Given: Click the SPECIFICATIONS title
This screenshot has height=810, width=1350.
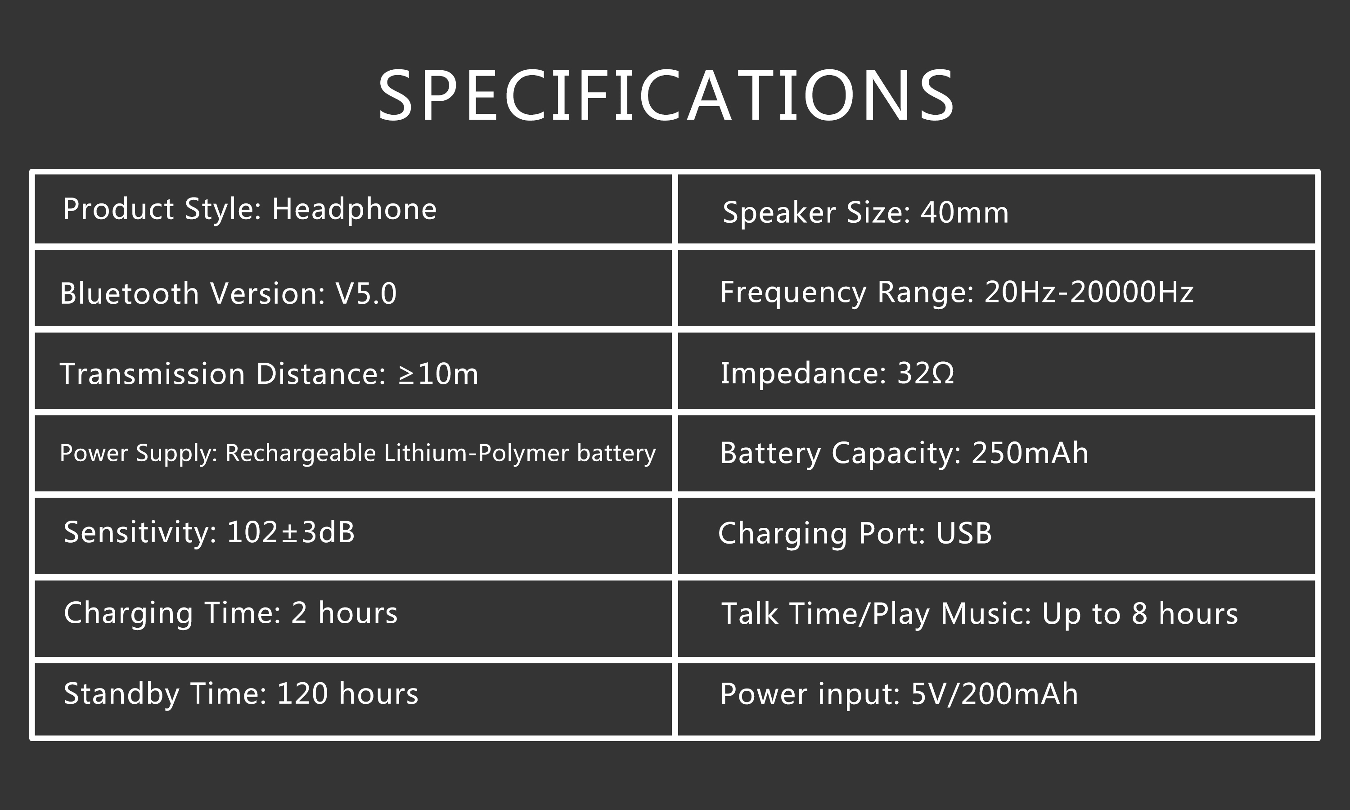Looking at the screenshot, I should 666,95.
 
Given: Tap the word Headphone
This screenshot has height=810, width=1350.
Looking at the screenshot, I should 354,209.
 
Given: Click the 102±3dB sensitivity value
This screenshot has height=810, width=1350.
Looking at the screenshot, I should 290,532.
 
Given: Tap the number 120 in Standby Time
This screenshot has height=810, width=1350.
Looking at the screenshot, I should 302,694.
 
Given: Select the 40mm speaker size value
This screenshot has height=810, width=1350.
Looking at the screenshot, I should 964,212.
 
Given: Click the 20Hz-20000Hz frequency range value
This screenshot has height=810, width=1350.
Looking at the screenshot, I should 1089,292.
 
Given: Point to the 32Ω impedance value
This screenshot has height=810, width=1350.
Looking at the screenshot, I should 926,373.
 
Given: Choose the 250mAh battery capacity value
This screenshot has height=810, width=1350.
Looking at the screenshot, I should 1030,453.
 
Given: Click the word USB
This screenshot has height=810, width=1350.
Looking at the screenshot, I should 963,533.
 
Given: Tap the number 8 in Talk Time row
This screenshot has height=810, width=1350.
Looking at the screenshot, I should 1139,613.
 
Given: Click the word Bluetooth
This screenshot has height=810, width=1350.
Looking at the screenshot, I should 129,294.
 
